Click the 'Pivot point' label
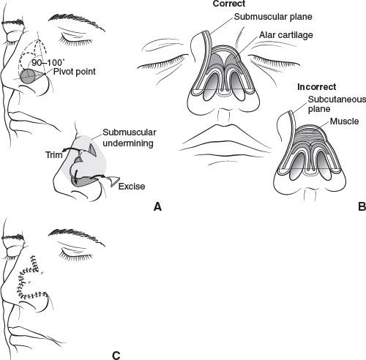[x=75, y=72]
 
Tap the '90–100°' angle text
[x=47, y=63]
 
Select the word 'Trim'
[x=54, y=154]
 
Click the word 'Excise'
[x=132, y=187]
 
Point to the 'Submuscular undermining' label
[x=130, y=138]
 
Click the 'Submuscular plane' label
[x=273, y=17]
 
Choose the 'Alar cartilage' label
[x=286, y=35]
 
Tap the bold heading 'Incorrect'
[x=316, y=87]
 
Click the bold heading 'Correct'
[x=229, y=4]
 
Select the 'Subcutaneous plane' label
[x=337, y=104]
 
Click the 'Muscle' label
[x=344, y=121]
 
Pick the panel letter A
[x=158, y=207]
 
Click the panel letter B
[x=362, y=206]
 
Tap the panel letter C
[x=116, y=356]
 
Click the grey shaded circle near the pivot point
[x=27, y=76]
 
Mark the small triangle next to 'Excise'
[x=114, y=181]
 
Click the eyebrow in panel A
[x=76, y=22]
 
